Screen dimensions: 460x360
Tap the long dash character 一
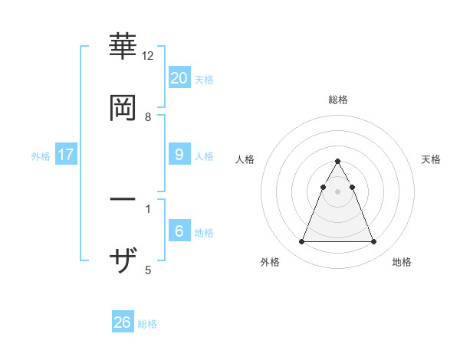coord(123,200)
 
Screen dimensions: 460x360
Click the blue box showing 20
coord(179,78)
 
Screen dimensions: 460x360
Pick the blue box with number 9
coord(179,155)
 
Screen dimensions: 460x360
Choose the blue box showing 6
coord(179,231)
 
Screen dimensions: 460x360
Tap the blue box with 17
coord(66,155)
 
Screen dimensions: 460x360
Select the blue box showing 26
coord(123,322)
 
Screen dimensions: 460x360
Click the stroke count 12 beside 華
coord(148,56)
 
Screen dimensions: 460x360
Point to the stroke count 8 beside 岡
coord(148,117)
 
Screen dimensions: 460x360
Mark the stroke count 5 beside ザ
coord(148,270)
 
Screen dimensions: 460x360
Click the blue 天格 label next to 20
coord(204,79)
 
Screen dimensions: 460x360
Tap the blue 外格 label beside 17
coord(41,155)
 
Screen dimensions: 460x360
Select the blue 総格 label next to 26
coord(147,324)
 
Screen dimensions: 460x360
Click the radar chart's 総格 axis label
coord(337,100)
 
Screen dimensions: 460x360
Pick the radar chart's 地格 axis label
coord(402,262)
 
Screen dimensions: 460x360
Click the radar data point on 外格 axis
coord(301,242)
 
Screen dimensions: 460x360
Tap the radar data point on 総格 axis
coord(337,162)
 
